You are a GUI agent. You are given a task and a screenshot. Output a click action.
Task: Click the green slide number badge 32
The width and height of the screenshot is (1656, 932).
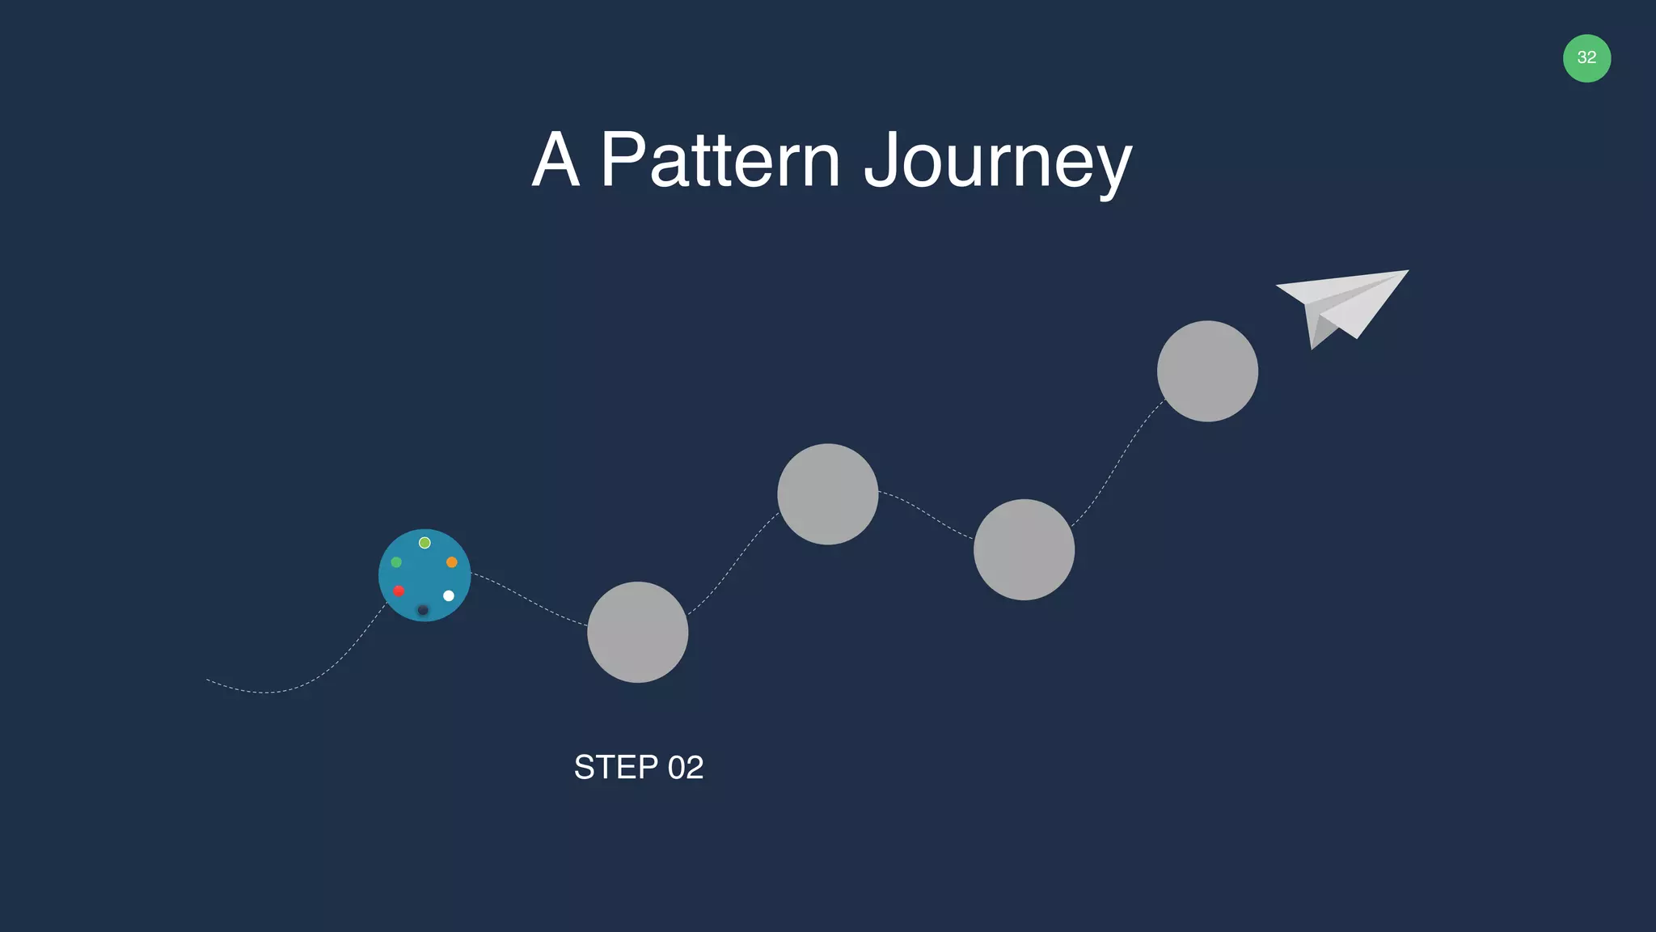(1586, 58)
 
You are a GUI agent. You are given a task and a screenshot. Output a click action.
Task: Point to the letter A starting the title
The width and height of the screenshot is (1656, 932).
(556, 160)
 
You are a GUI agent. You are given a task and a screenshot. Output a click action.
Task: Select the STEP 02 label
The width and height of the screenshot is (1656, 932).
(638, 767)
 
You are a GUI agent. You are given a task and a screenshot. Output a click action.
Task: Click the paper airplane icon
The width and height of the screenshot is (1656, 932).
(1346, 303)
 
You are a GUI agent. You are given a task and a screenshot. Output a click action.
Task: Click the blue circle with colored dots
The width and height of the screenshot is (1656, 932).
(425, 576)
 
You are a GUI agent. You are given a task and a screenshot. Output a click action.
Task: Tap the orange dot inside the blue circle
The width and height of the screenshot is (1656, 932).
(452, 562)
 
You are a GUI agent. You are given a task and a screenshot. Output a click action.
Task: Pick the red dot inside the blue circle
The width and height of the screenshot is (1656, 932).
(399, 591)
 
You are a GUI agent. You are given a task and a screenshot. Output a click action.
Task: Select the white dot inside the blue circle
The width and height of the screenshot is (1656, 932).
(449, 595)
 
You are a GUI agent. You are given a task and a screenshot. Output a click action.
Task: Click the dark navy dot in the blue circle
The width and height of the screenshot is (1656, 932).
(423, 609)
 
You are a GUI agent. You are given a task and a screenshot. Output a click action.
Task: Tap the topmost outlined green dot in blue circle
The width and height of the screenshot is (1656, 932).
(425, 543)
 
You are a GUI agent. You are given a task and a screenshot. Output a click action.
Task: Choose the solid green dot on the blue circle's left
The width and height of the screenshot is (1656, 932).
(396, 562)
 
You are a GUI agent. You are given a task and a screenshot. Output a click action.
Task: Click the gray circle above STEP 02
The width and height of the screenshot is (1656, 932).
(638, 632)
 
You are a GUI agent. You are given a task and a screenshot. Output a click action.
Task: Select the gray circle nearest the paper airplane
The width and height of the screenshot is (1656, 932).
(1207, 371)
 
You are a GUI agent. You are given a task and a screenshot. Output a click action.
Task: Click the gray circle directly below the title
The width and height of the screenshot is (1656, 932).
(828, 494)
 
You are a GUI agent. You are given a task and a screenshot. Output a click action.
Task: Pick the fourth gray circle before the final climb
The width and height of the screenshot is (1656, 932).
(1024, 550)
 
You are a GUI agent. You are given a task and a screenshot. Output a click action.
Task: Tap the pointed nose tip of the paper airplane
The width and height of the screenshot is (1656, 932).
(1406, 271)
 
